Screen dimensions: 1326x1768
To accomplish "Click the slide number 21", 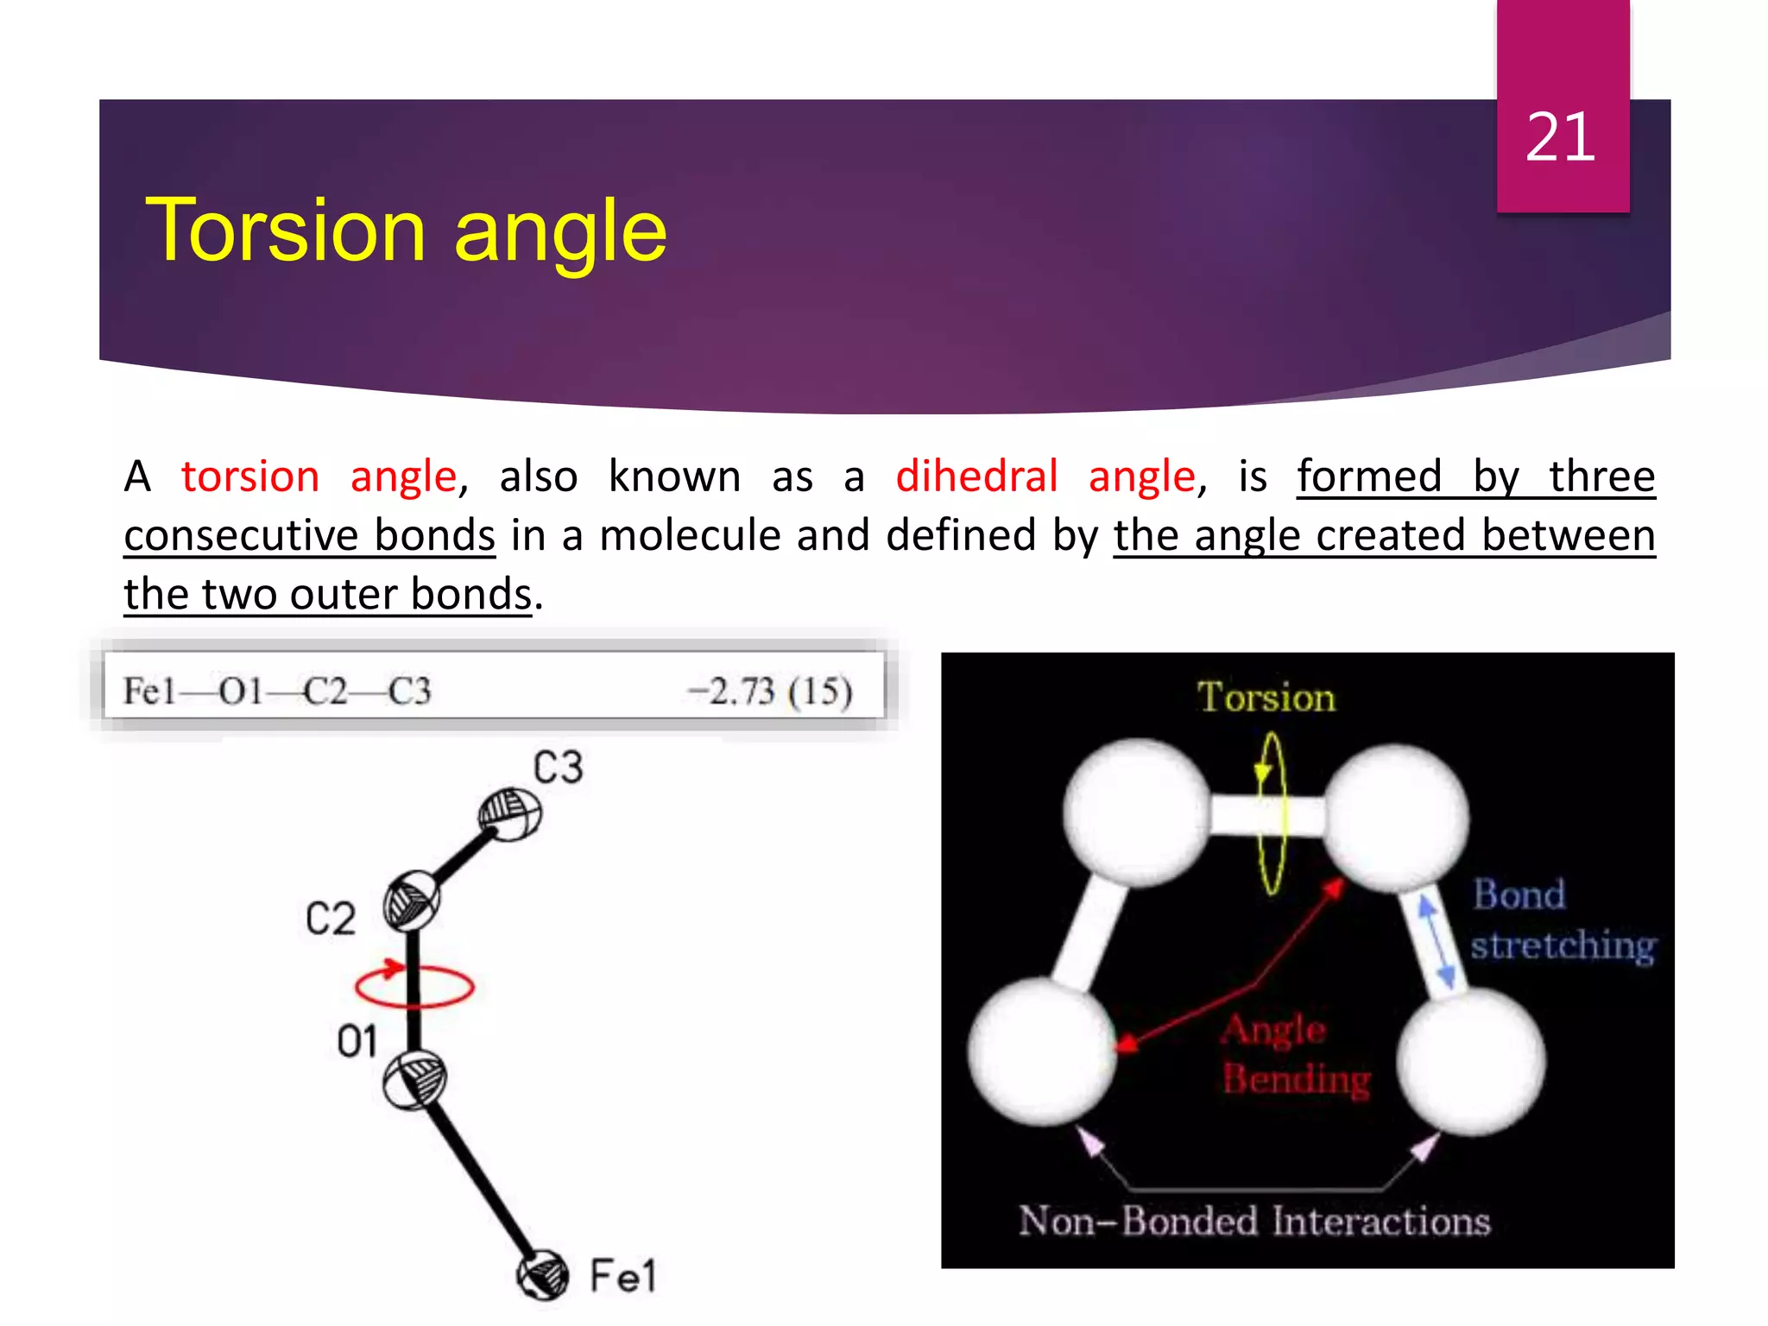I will (1560, 137).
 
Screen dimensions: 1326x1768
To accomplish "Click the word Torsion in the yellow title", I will (286, 230).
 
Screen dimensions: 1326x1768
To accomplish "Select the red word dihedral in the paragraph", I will (976, 477).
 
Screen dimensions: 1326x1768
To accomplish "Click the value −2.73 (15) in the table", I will (769, 691).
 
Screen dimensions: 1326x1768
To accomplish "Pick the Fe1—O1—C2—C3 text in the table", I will (276, 691).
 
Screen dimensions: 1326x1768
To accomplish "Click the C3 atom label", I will (558, 767).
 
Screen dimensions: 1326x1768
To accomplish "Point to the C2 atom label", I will (330, 919).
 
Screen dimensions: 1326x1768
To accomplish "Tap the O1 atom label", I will (357, 1042).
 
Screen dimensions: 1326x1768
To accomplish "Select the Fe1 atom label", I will (622, 1276).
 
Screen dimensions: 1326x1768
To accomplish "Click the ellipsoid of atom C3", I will (510, 814).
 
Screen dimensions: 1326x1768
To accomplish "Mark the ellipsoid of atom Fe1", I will (543, 1275).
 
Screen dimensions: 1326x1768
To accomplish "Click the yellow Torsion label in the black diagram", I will (1266, 698).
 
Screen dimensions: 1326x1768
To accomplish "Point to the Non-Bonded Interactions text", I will (1254, 1222).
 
